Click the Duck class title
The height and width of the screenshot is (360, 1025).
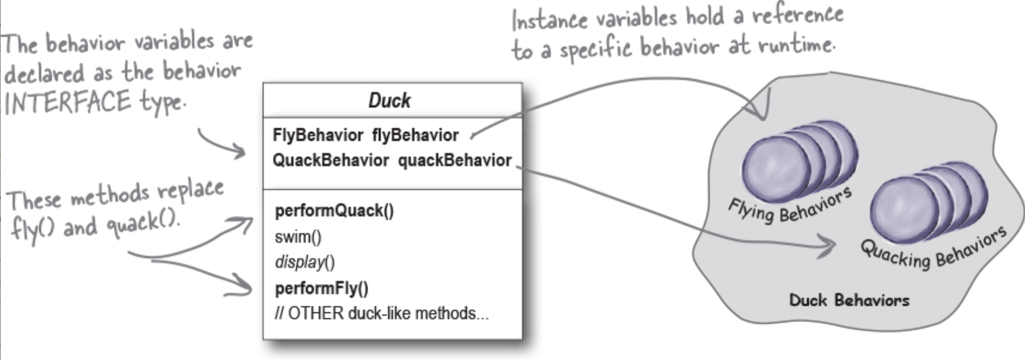click(390, 100)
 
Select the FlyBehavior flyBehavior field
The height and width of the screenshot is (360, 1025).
click(365, 135)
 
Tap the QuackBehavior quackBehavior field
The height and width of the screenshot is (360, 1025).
click(392, 160)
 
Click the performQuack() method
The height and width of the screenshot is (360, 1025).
click(334, 211)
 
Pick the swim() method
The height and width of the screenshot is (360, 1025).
click(298, 237)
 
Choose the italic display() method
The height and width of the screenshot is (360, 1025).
click(305, 262)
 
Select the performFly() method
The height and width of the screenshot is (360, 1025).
click(321, 289)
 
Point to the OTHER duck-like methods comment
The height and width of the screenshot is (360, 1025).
click(382, 314)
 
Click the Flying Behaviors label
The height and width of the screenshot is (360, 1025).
click(790, 205)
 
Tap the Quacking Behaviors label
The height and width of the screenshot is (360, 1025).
click(933, 248)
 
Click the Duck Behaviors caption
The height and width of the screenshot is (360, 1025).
click(849, 300)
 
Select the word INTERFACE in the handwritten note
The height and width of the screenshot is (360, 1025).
click(67, 102)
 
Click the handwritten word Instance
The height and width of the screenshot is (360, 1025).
click(549, 20)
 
